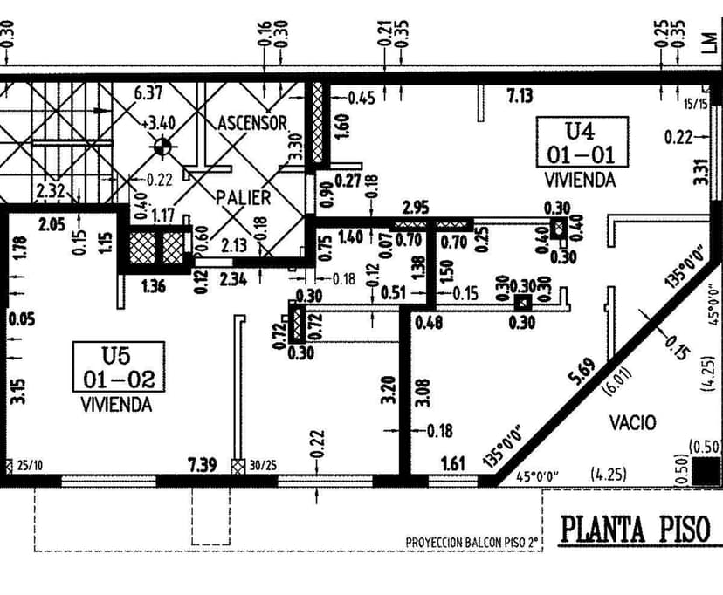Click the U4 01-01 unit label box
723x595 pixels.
click(x=582, y=142)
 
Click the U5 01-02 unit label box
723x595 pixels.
click(x=117, y=367)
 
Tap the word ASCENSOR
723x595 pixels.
click(x=253, y=122)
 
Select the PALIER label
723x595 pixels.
click(x=244, y=197)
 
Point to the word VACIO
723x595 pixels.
click(x=633, y=422)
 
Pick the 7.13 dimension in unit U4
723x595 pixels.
click(x=521, y=96)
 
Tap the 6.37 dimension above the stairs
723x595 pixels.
click(x=148, y=92)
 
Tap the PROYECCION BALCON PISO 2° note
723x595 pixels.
click(x=472, y=543)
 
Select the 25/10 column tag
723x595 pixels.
click(x=30, y=466)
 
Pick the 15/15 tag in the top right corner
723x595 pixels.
click(x=696, y=104)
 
